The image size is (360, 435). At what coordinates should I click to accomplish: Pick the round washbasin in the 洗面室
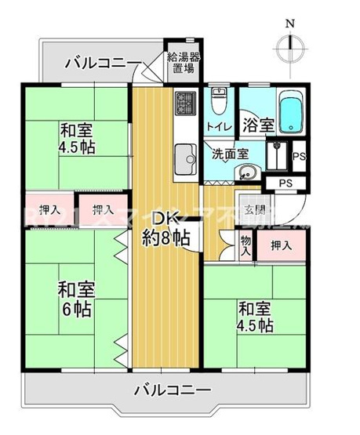245,173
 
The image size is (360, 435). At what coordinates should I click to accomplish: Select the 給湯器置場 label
184,62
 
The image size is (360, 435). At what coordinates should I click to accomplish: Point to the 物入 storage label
245,248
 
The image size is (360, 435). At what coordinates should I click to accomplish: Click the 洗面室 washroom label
229,154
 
